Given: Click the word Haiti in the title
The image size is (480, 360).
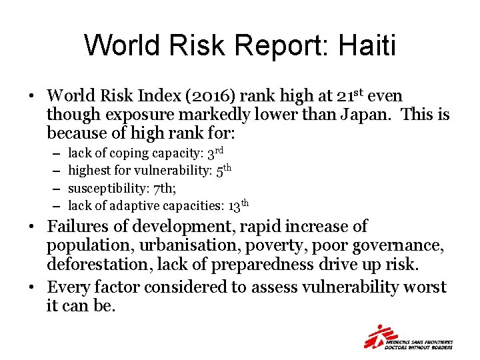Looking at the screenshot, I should [x=367, y=46].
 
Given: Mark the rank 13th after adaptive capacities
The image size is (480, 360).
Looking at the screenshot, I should [x=238, y=205].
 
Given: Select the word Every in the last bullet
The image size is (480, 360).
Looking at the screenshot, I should [x=70, y=287].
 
